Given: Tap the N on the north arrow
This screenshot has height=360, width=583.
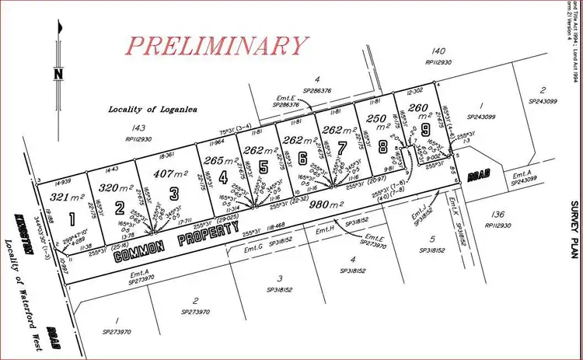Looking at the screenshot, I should pos(58,75).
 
